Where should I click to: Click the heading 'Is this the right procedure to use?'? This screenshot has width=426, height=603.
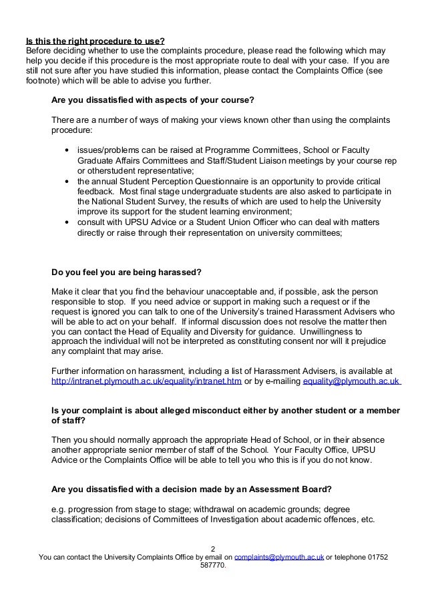coord(94,39)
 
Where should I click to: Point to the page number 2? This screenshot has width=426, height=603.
coord(212,546)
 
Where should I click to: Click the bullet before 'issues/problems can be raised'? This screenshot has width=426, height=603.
coord(67,149)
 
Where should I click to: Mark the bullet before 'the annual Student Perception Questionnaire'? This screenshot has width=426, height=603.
coord(67,182)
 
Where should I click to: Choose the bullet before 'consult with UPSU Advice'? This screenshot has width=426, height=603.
coord(67,223)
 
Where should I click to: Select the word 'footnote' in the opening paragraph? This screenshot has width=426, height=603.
coord(41,81)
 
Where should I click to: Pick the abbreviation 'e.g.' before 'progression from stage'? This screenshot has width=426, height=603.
coord(59,510)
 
